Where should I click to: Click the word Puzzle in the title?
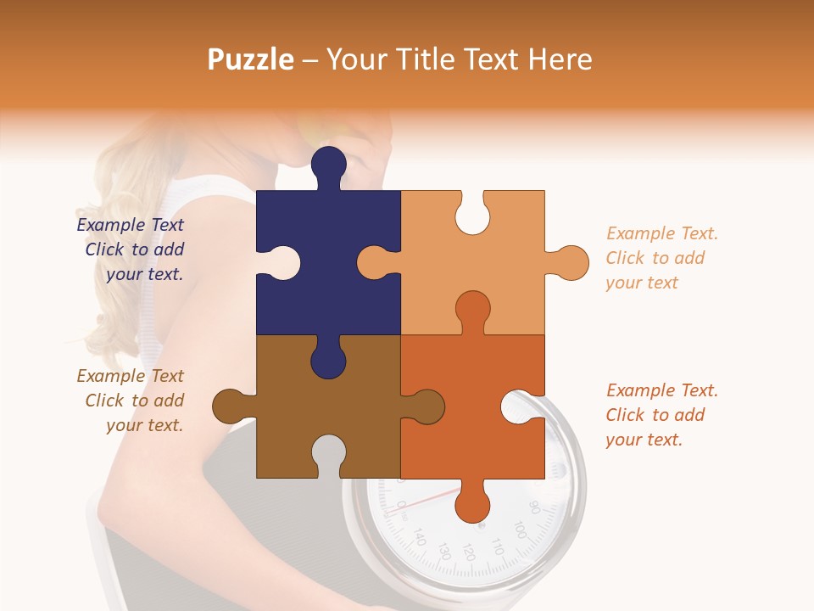(x=251, y=60)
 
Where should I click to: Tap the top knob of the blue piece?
(x=329, y=165)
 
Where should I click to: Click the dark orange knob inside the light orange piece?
(x=472, y=309)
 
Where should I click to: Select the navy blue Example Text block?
(x=132, y=249)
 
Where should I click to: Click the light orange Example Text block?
(x=661, y=258)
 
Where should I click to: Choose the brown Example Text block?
(x=132, y=401)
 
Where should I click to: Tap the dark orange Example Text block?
(x=661, y=415)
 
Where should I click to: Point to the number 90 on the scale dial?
(x=535, y=507)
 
